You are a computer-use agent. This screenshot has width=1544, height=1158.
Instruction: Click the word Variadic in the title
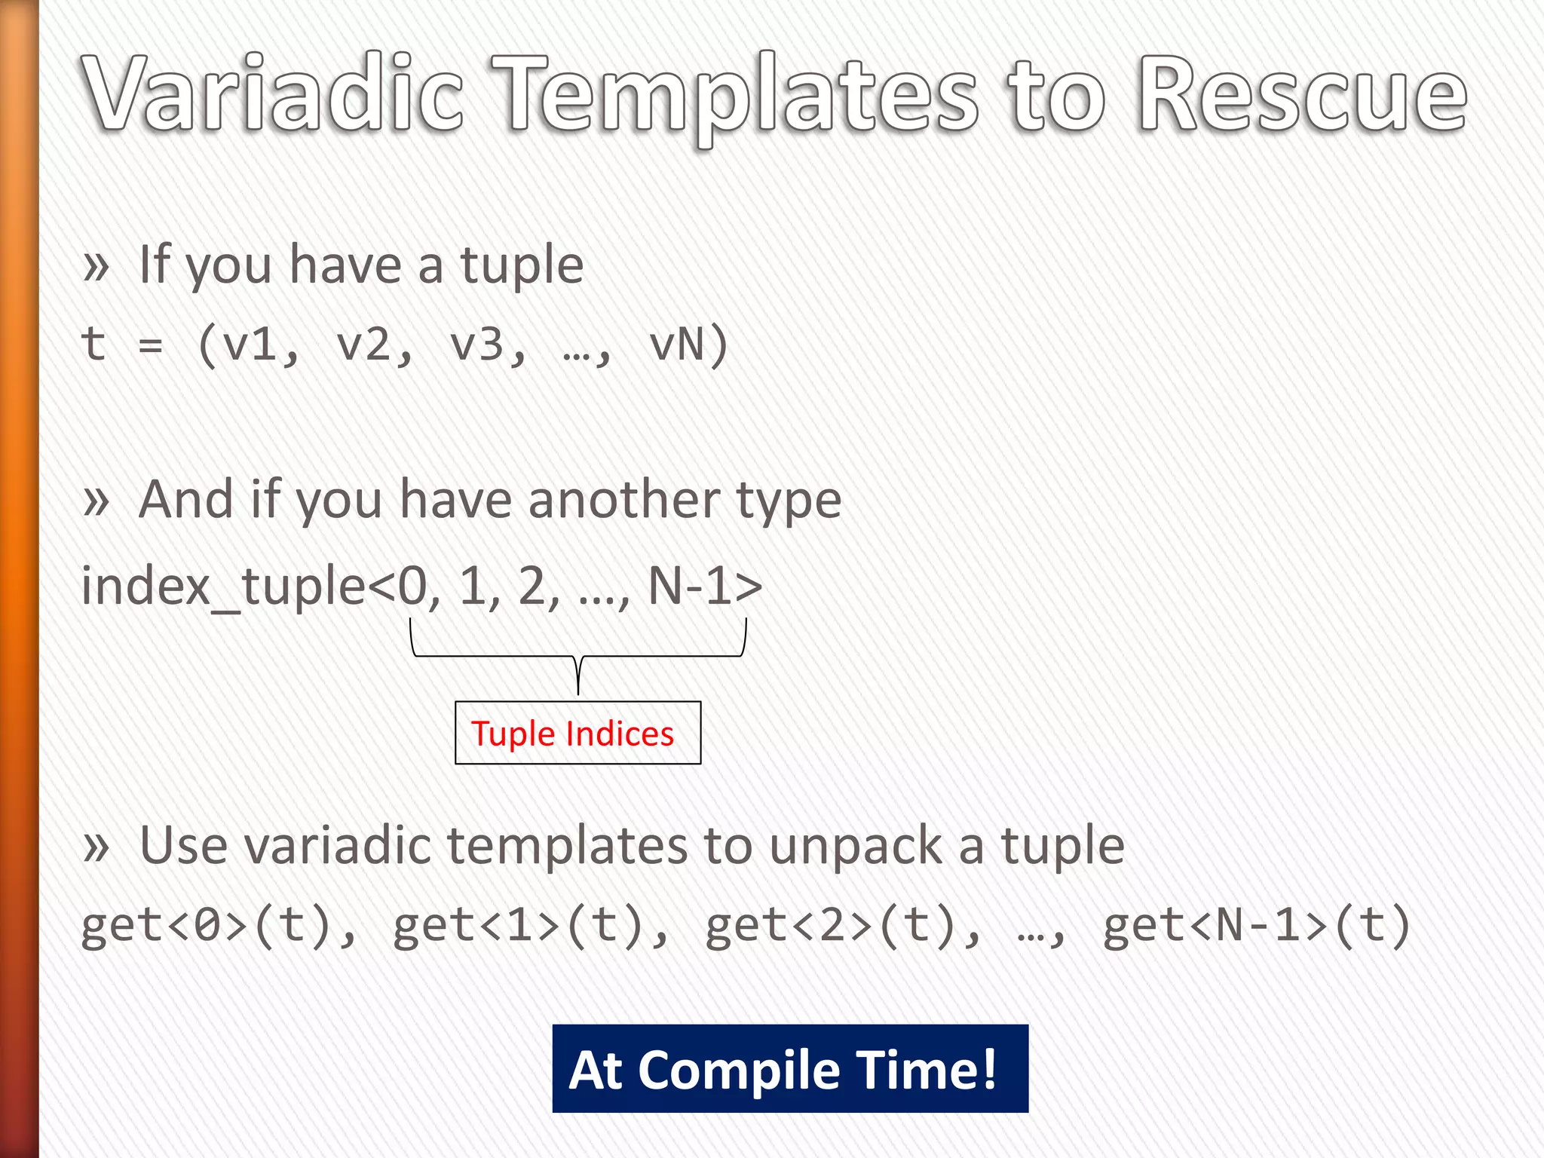(x=273, y=94)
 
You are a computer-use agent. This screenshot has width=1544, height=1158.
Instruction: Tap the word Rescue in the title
(x=1302, y=94)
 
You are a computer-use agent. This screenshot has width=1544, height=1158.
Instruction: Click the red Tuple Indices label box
(x=577, y=733)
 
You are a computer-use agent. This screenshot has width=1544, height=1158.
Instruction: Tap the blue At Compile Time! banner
(x=789, y=1068)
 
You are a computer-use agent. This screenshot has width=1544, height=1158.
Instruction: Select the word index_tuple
(x=223, y=586)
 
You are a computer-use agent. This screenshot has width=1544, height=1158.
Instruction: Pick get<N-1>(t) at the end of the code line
(x=1255, y=926)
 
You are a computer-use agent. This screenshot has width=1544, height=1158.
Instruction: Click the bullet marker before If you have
(x=96, y=266)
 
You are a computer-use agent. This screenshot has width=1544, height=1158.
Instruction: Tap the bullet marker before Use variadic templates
(x=96, y=847)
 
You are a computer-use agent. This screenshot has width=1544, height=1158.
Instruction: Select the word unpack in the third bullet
(x=855, y=846)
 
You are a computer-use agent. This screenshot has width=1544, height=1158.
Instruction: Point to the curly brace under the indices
(x=578, y=657)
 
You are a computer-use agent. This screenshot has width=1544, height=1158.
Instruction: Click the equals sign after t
(x=151, y=346)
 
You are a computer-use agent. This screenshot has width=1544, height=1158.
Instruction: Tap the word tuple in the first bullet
(x=522, y=266)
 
